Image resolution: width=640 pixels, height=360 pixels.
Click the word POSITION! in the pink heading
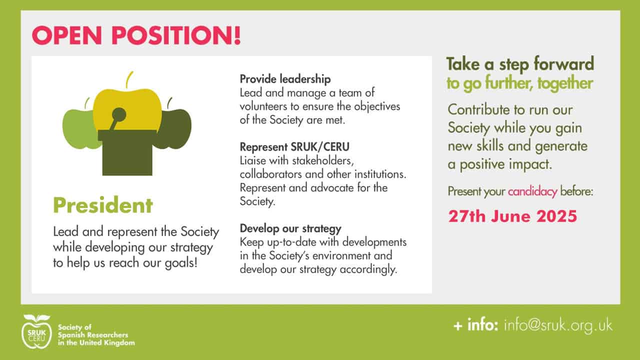point(176,35)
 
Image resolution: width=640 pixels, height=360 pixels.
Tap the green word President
point(103,205)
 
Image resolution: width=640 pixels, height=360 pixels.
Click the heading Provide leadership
point(285,79)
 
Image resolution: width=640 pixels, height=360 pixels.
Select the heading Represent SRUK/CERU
point(294,147)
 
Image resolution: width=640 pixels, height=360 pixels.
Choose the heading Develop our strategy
point(290,228)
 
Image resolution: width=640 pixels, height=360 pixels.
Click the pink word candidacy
point(532,191)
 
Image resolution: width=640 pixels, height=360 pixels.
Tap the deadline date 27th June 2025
point(512,216)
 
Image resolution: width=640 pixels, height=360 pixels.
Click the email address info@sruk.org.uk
point(558,325)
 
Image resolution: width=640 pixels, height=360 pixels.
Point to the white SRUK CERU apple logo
point(36,331)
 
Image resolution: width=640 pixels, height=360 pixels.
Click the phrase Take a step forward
point(520,64)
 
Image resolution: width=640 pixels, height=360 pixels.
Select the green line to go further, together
point(519,83)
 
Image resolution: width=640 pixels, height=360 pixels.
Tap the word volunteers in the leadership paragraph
point(263,106)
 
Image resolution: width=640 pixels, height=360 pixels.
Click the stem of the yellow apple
point(129,79)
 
